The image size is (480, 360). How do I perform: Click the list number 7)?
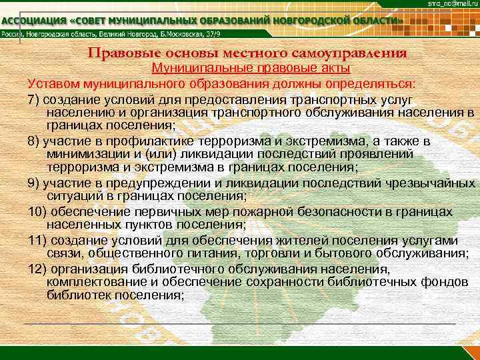click(x=34, y=99)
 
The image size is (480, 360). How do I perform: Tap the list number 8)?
click(x=34, y=141)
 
